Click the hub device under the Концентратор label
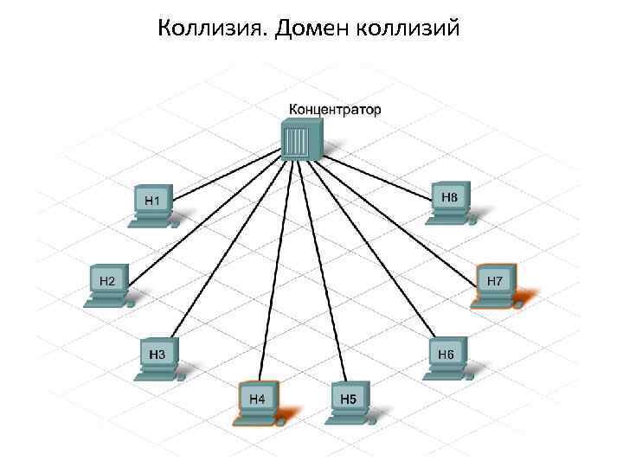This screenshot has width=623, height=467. [302, 139]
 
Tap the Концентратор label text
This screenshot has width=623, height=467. [334, 110]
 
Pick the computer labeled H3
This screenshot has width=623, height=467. [159, 357]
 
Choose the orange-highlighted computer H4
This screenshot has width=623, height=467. [257, 400]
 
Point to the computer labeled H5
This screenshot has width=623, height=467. [349, 400]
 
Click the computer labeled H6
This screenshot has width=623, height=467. [446, 357]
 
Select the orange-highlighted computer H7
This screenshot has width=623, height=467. [496, 284]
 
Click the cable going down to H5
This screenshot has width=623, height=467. [324, 268]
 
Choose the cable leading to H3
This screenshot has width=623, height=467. [229, 251]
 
